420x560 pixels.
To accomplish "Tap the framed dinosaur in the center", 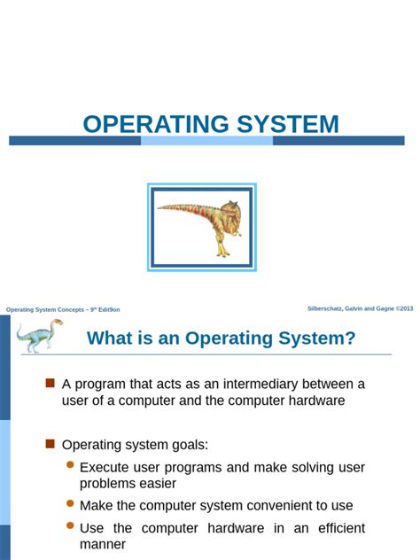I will coord(203,227).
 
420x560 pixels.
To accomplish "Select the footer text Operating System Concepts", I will coord(63,309).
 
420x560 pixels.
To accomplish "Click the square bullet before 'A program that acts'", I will coord(51,383).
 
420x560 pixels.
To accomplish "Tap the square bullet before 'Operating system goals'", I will coord(51,443).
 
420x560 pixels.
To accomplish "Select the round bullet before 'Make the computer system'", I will coord(70,504).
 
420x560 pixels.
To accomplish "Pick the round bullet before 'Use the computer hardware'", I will coord(70,526).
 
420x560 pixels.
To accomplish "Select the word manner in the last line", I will coord(103,544).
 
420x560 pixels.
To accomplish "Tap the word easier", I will coord(156,484).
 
